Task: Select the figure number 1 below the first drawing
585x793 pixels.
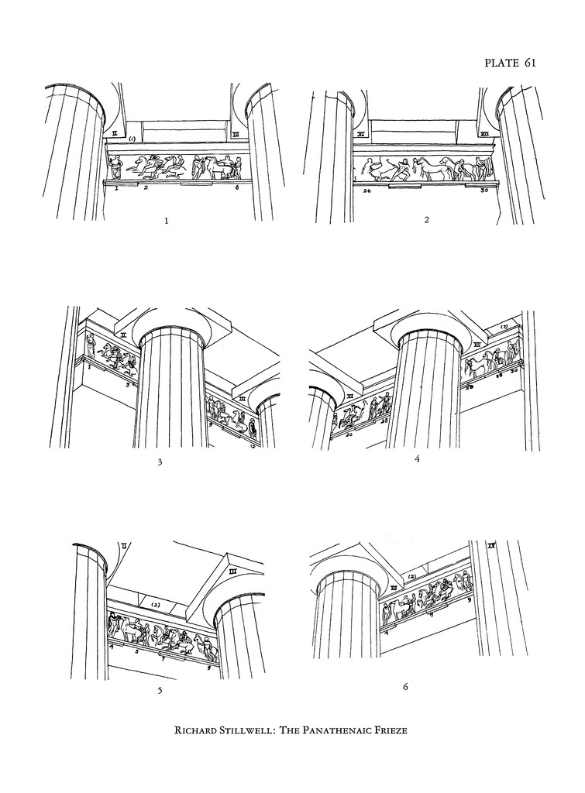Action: tap(167, 221)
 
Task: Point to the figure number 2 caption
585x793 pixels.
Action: tap(427, 220)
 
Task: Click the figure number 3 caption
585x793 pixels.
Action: tap(160, 463)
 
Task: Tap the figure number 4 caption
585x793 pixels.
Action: tap(418, 458)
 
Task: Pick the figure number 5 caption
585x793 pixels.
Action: tap(160, 691)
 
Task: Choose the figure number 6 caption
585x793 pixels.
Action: tap(405, 686)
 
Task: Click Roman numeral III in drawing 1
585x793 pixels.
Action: tap(234, 134)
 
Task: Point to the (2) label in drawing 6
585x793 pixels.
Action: tap(412, 577)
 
